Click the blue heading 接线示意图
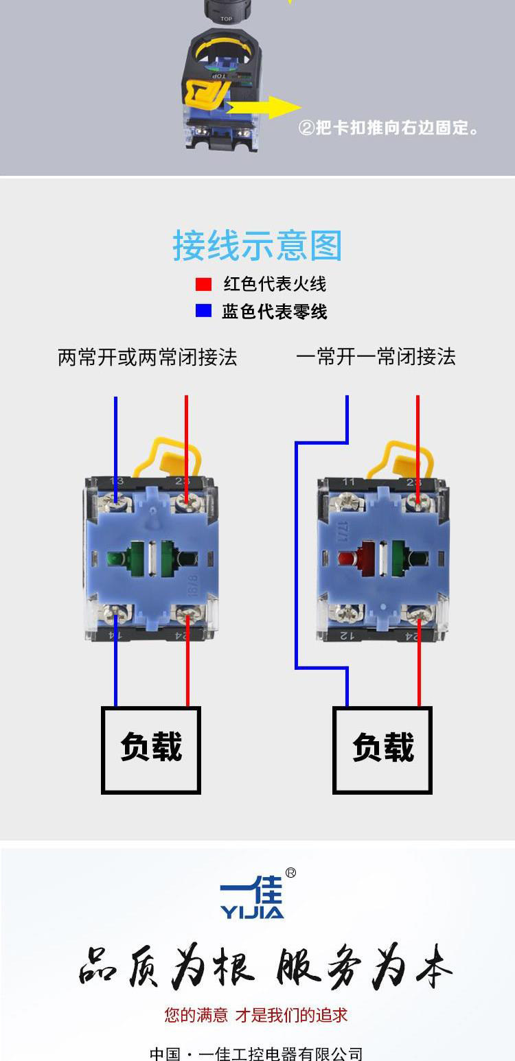tap(257, 246)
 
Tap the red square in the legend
tap(203, 284)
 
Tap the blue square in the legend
tap(203, 311)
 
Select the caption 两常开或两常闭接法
tap(147, 357)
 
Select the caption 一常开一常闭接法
tap(376, 357)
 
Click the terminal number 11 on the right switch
tap(349, 482)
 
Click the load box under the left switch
tap(151, 749)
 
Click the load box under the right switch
tap(382, 749)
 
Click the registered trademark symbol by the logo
tap(290, 873)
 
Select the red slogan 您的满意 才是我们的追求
tap(256, 1015)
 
